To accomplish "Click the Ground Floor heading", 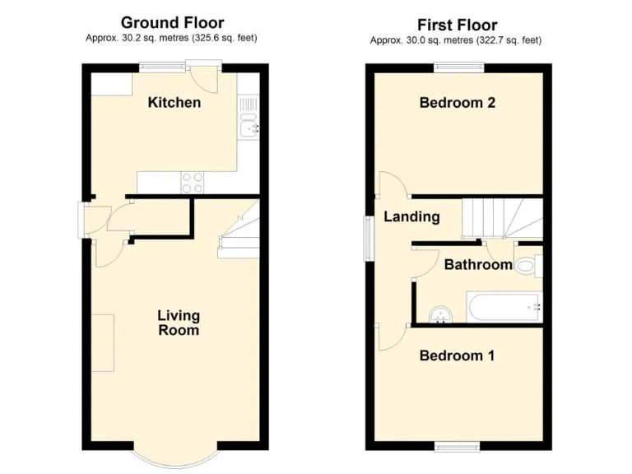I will click(x=172, y=22).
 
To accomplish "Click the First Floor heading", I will click(x=457, y=25).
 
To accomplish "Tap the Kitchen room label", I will click(x=174, y=103).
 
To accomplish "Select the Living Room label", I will click(x=179, y=323).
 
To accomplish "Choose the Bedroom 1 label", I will click(x=457, y=355).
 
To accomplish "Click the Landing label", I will click(x=411, y=217).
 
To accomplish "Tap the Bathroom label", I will click(x=478, y=264).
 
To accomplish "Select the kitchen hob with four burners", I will click(x=192, y=182).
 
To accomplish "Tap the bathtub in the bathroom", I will click(x=504, y=307).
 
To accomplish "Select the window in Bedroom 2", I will click(x=457, y=68).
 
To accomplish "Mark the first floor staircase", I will click(x=500, y=218).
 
